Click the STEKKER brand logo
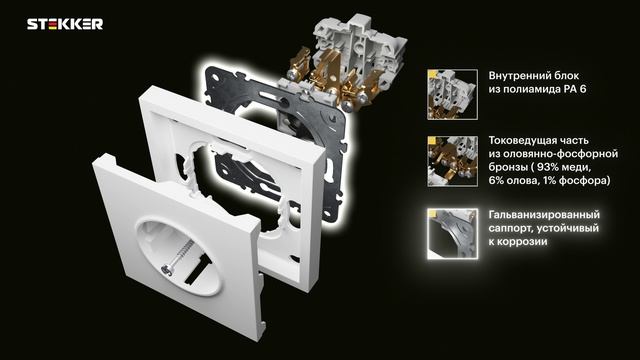[x=65, y=24]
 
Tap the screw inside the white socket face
[x=177, y=257]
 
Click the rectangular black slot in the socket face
[x=198, y=269]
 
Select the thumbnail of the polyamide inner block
[x=452, y=95]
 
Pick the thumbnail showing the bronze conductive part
[x=452, y=161]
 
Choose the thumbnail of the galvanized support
[x=452, y=234]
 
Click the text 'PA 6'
[x=575, y=89]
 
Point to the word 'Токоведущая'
[x=518, y=140]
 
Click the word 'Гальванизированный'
[x=544, y=215]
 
